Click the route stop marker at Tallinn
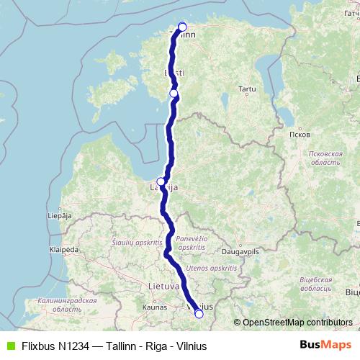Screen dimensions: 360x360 (x=182, y=27)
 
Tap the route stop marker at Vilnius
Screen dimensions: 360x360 (x=199, y=313)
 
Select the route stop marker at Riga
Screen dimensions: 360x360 (x=161, y=182)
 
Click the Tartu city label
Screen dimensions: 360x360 (x=248, y=89)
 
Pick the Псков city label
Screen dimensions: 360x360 (x=298, y=135)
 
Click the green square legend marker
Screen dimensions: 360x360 (x=9, y=346)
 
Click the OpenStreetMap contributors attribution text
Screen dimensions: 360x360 (x=297, y=322)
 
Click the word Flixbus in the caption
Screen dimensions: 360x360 (x=39, y=346)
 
